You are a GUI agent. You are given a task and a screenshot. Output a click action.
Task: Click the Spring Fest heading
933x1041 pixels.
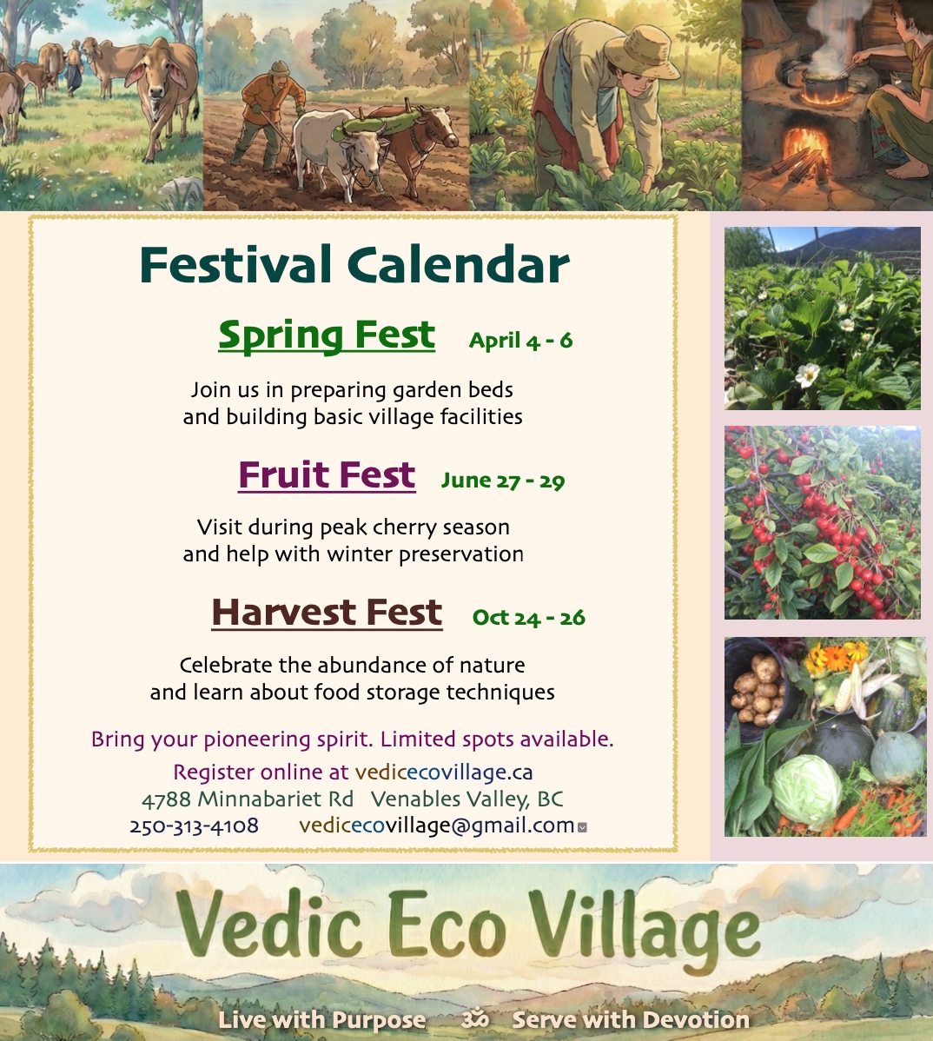[x=327, y=335]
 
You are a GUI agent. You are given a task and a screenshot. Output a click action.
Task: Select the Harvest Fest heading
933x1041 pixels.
[x=327, y=612]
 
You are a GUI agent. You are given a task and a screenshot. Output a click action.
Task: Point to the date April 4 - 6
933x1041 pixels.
[x=520, y=341]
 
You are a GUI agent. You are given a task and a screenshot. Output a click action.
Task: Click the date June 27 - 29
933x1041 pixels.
[x=503, y=480]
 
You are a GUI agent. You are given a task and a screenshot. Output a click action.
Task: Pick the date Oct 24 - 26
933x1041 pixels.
[x=528, y=618]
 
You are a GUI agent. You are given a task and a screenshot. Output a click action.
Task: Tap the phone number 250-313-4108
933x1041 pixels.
[x=194, y=826]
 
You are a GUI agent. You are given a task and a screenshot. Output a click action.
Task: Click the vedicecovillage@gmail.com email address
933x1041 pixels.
[x=437, y=826]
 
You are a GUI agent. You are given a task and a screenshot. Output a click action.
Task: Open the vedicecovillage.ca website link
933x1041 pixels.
[x=443, y=772]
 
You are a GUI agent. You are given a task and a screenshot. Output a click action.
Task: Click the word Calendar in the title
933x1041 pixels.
[x=458, y=264]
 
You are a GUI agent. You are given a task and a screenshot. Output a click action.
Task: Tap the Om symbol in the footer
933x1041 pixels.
[x=475, y=1018]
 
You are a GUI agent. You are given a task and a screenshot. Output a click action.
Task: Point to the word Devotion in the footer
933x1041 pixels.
[x=696, y=1019]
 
